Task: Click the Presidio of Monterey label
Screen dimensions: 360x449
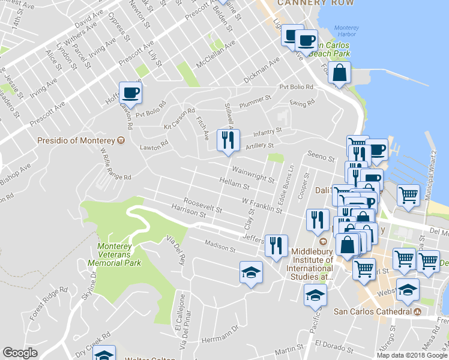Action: click(x=76, y=140)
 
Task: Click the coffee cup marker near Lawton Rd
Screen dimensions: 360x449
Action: click(x=130, y=92)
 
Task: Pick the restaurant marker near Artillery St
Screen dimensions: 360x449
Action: click(x=228, y=141)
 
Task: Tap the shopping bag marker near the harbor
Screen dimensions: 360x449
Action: click(x=340, y=73)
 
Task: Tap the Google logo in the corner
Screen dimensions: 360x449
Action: click(x=20, y=353)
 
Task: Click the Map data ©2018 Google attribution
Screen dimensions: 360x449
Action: click(x=411, y=355)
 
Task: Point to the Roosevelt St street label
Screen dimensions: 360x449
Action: click(x=203, y=206)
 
